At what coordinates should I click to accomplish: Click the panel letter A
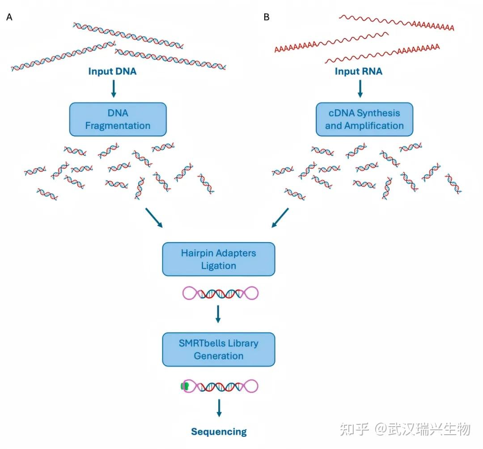pos(9,17)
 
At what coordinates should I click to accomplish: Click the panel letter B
pos(267,17)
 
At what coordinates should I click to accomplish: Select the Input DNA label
pos(112,71)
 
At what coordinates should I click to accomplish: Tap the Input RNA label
pos(359,71)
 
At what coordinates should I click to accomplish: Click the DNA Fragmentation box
pos(118,119)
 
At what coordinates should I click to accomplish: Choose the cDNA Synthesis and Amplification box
pos(364,119)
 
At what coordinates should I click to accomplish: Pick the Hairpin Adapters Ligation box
pos(218,259)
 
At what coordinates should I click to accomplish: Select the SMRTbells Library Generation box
pos(218,349)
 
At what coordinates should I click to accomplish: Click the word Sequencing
pos(219,432)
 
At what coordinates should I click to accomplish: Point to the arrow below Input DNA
pos(113,89)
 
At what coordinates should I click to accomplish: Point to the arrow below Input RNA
pos(360,89)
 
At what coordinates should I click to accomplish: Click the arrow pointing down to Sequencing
pos(219,407)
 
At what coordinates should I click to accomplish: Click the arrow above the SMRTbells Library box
pos(218,314)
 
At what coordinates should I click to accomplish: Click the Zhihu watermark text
pos(405,429)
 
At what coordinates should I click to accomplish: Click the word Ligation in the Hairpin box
pos(218,265)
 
